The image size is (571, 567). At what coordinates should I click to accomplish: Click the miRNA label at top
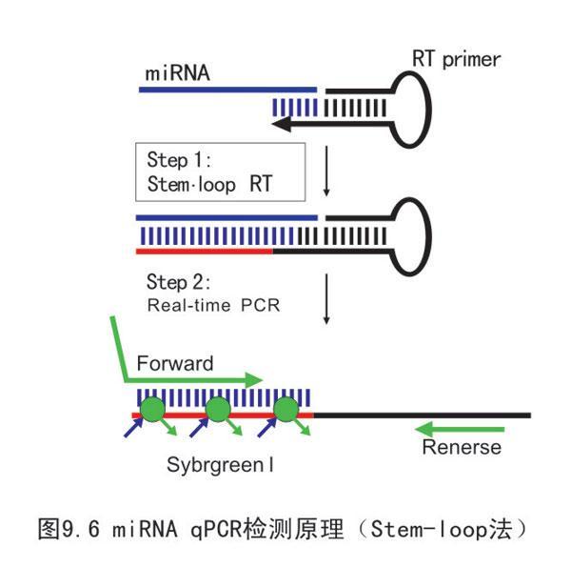177,73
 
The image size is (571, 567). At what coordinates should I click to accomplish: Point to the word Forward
175,363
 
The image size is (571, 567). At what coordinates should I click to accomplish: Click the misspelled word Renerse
462,447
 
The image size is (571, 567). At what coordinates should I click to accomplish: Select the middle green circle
219,412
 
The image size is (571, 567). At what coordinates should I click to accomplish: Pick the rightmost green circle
286,412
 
